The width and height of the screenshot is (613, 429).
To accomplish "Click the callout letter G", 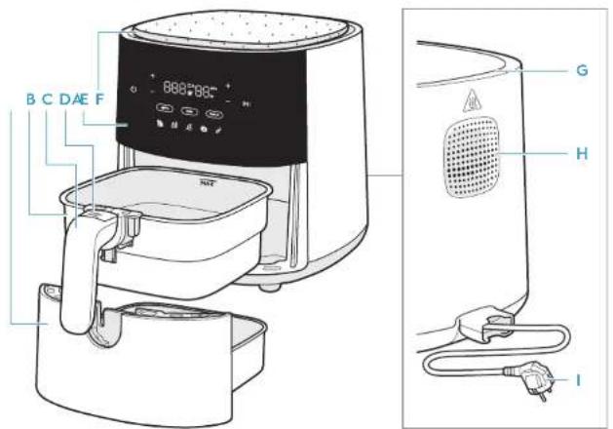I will pyautogui.click(x=580, y=71).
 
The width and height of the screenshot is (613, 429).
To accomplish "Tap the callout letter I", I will pyautogui.click(x=580, y=379).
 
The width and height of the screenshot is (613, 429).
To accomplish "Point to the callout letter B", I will pyautogui.click(x=30, y=98).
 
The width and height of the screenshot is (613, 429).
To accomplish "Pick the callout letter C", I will pyautogui.click(x=47, y=98).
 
